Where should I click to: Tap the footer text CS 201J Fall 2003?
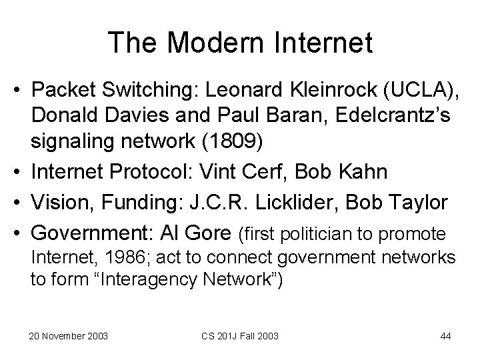241,335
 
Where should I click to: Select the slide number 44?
445,335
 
